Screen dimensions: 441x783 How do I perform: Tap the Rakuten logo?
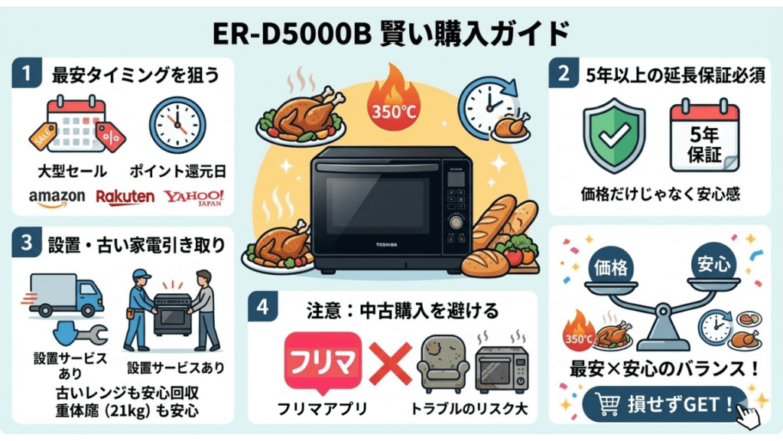(125, 198)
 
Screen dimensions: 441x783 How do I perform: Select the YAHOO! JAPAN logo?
(193, 198)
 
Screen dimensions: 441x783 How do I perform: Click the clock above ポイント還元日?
(177, 125)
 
